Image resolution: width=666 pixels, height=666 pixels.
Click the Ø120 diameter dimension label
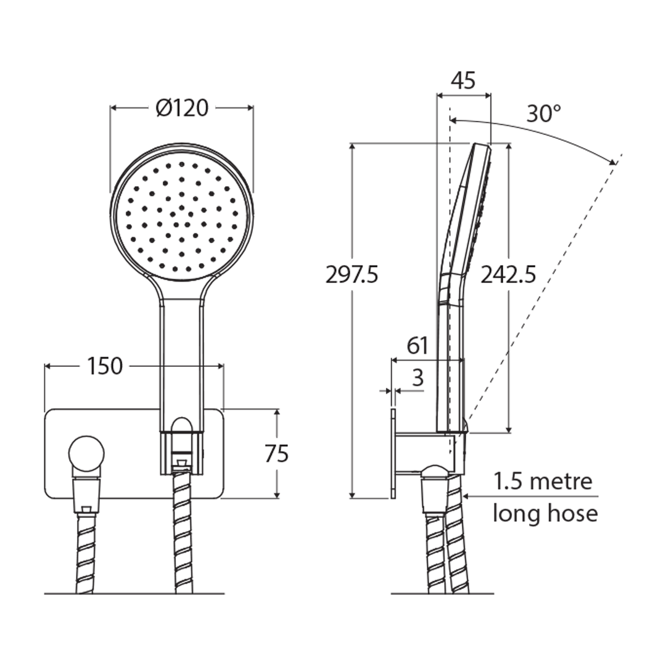point(182,109)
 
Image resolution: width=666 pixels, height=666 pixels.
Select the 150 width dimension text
point(104,366)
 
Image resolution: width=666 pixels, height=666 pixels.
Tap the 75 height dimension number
point(276,454)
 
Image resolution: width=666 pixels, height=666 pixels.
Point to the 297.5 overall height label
point(351,274)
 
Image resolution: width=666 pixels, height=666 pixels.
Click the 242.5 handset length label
point(508,274)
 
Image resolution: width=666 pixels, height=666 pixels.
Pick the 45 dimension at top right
point(463,81)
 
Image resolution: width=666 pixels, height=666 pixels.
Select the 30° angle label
point(544,113)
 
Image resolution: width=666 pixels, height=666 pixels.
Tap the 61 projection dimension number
point(417,346)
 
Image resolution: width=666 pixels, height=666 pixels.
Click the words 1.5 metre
point(543,481)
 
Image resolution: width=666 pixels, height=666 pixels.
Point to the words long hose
point(545,513)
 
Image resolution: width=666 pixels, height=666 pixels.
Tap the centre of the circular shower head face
point(182,210)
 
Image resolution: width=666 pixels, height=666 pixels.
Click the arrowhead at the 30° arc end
point(614,162)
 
